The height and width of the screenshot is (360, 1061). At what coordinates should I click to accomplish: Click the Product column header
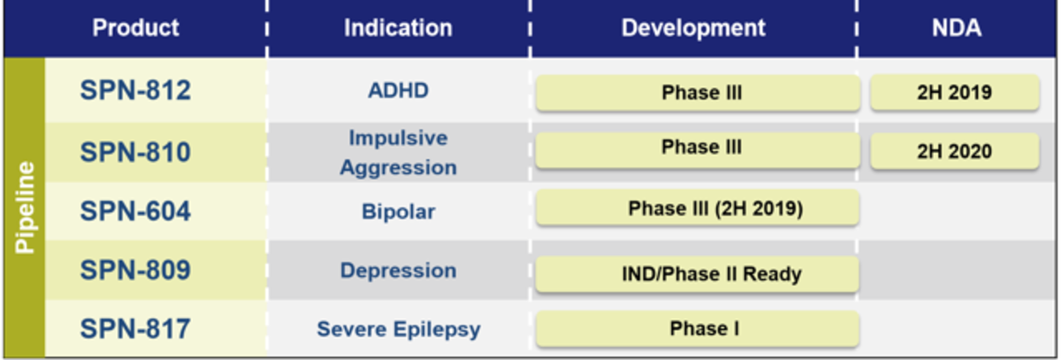tap(136, 27)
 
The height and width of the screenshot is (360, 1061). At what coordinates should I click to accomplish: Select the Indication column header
tap(399, 27)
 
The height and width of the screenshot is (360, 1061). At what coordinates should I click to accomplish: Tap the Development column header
tap(693, 27)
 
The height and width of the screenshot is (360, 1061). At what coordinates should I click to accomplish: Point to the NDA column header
tap(957, 27)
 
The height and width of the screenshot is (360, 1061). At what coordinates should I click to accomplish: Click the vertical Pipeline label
tap(25, 208)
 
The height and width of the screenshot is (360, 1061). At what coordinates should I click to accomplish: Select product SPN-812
tap(135, 90)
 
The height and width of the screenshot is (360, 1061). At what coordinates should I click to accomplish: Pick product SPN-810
tap(135, 152)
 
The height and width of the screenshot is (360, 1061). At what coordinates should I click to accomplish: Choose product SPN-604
tap(135, 211)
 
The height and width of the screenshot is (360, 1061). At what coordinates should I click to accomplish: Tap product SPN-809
tap(135, 270)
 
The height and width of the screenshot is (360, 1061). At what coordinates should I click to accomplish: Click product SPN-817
tap(135, 329)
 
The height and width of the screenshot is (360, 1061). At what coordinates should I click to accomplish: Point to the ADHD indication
tap(399, 90)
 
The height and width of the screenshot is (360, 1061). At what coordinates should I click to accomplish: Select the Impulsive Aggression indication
tap(399, 152)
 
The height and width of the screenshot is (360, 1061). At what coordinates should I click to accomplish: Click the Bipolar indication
tap(399, 211)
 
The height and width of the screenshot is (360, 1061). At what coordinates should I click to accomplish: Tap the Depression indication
tap(399, 271)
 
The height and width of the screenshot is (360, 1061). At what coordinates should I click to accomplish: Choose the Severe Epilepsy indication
tap(399, 329)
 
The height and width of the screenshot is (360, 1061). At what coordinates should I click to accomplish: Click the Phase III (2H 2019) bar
tap(698, 208)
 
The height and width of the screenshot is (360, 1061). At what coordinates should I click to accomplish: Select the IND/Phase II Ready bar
tap(698, 274)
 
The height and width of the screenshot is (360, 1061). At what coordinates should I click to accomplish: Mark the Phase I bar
tap(698, 329)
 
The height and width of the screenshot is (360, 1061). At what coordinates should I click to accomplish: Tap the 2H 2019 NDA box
tap(955, 92)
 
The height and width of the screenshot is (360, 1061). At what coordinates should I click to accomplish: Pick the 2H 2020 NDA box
tap(955, 151)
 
